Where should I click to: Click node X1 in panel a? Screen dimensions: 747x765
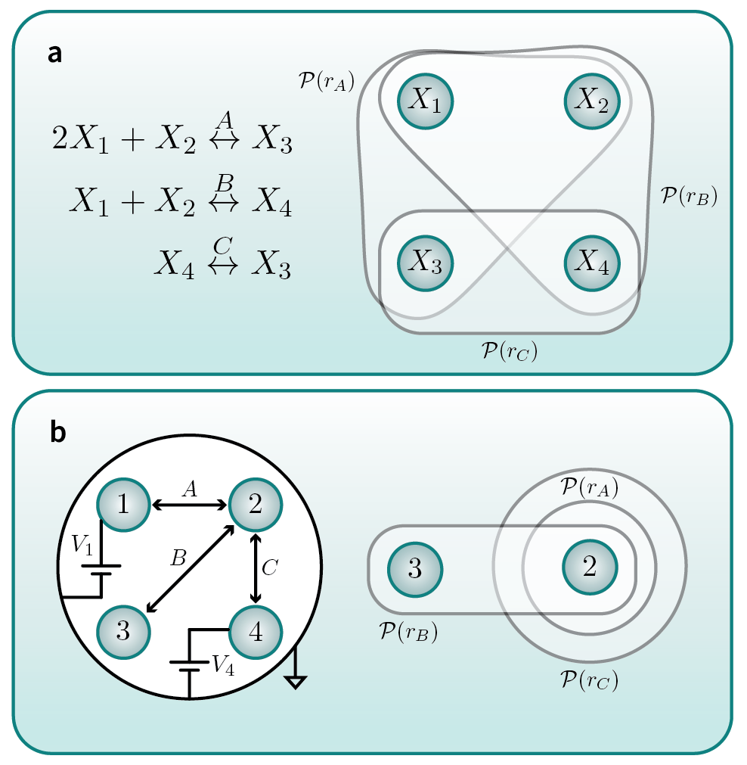coord(425,101)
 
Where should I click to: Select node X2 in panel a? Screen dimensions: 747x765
coord(592,101)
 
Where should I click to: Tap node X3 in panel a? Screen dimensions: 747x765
coord(425,263)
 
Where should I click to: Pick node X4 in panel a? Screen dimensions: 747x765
coord(592,263)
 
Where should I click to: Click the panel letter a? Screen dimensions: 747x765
coord(54,54)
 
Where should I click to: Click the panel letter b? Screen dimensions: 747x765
coord(57,432)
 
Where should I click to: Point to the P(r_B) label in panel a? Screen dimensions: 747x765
coord(689,196)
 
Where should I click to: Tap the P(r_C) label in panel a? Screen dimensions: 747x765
coord(509,351)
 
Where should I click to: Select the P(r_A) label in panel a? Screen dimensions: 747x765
coord(326,81)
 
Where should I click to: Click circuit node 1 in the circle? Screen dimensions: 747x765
coord(123,505)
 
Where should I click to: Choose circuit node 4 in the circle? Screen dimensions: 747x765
coord(256,633)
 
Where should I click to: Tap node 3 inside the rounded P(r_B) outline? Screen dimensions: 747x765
coord(415,569)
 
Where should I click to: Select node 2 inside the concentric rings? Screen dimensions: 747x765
coord(590,567)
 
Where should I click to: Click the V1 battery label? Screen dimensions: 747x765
coord(82,545)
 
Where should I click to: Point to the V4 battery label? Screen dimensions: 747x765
coord(223,664)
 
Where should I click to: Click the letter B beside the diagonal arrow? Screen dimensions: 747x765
coord(178,557)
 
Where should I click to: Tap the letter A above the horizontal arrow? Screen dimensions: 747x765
coord(191,488)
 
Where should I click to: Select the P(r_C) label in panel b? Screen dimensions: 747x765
coord(590,680)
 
